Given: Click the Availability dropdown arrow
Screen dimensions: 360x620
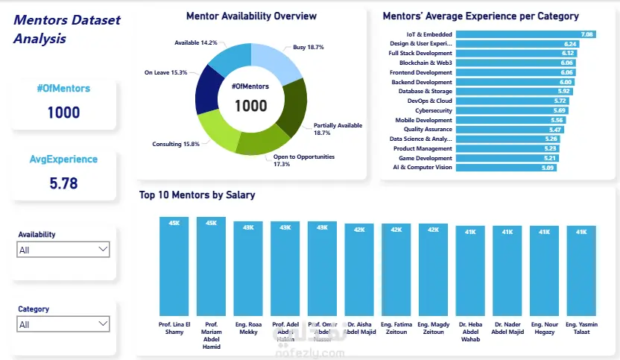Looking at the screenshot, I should (103, 250).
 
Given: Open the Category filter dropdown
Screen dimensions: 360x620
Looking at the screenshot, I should (103, 324).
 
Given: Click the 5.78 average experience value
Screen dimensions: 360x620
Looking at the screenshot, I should (63, 183).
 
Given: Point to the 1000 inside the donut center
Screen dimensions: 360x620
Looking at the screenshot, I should (250, 106).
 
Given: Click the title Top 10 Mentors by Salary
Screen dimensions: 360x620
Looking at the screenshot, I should (197, 195).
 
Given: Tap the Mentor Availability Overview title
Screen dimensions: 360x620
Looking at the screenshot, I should (251, 16).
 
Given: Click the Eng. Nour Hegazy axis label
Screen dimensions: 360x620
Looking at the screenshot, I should (544, 329).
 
